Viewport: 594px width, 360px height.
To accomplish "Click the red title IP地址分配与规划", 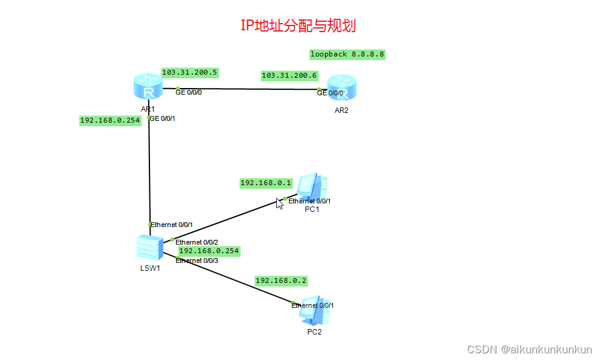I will pos(298,25).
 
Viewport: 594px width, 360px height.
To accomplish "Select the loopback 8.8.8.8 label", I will pos(347,54).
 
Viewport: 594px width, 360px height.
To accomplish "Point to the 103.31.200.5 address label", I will pos(189,72).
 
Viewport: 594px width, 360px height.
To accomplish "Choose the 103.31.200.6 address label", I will pos(289,75).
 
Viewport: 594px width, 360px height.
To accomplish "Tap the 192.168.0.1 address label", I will pos(266,182).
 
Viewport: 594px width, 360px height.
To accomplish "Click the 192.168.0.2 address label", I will pos(281,280).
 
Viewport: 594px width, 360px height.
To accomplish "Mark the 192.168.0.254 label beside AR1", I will pos(110,120).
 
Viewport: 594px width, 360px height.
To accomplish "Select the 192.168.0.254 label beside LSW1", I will pos(209,251).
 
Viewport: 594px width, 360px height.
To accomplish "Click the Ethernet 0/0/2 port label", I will pos(197,242).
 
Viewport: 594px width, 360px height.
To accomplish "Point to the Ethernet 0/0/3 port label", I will pos(197,260).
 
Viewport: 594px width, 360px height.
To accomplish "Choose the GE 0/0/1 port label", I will pos(162,118).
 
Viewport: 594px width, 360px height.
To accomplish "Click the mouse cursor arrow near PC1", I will pos(279,203).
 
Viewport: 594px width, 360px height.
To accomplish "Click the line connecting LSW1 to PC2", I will pos(231,279).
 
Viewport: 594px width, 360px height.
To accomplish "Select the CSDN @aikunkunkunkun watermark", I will pos(528,350).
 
